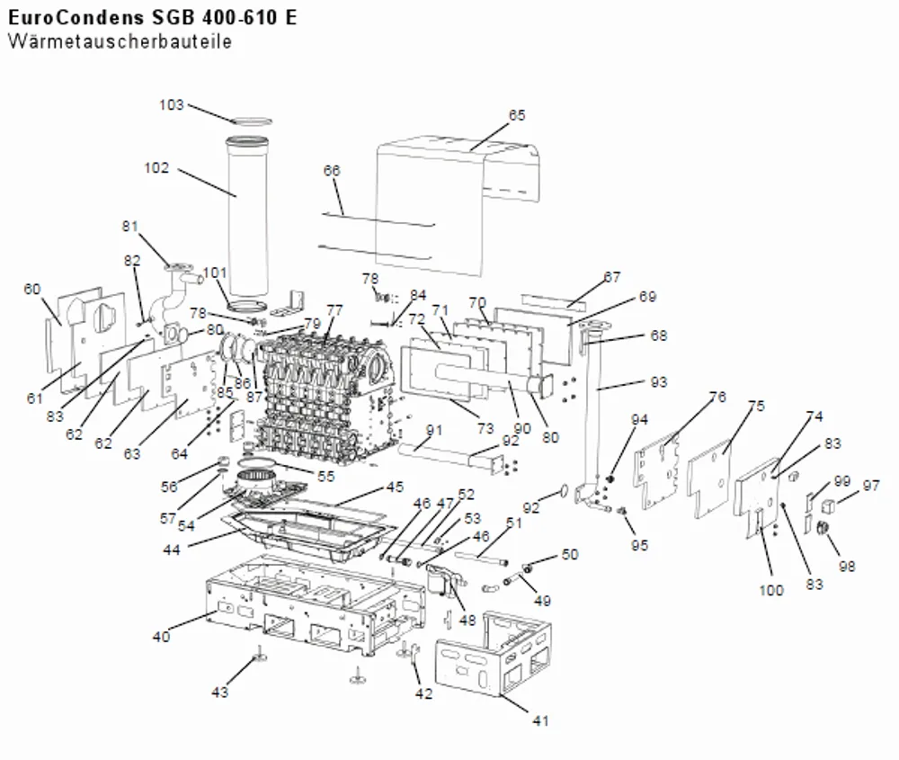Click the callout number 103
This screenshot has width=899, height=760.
[172, 105]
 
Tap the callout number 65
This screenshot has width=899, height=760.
[517, 115]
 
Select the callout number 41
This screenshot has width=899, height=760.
[540, 720]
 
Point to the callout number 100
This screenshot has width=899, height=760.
[771, 590]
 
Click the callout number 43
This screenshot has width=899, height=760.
[219, 693]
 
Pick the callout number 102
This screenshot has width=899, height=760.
[156, 168]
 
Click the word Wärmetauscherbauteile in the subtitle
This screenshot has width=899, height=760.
[120, 42]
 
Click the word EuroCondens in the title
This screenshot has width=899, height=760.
[76, 18]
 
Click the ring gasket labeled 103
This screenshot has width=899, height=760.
[251, 121]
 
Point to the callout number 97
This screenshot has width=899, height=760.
[871, 486]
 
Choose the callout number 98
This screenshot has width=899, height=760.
[847, 566]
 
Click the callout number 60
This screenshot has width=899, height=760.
[32, 289]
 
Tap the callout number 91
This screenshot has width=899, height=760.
[434, 430]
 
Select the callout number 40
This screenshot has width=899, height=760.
[161, 637]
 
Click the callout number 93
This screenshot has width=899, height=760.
[659, 382]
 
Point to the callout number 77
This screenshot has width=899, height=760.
[334, 310]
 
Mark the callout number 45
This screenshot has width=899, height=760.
[395, 487]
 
